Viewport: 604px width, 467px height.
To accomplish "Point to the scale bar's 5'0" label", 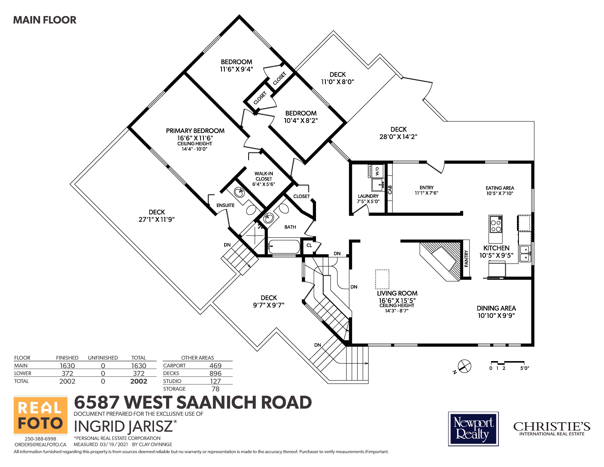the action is click(x=525, y=368).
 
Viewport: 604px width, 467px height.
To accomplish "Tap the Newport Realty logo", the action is click(x=473, y=429).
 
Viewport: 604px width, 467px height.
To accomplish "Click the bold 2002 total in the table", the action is click(x=139, y=381).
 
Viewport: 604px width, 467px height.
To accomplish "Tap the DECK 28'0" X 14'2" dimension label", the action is click(x=398, y=137).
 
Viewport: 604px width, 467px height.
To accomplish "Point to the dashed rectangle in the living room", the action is click(x=382, y=279).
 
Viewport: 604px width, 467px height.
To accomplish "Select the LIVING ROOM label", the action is click(x=397, y=293).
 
